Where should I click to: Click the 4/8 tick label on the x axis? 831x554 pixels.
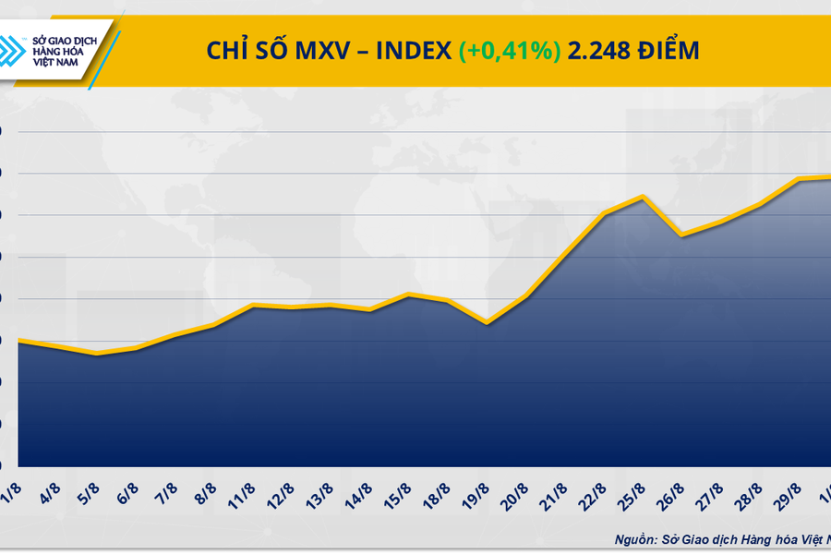tap(54, 490)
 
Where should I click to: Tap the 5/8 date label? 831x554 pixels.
tap(92, 490)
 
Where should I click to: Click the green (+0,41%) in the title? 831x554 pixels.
tap(509, 51)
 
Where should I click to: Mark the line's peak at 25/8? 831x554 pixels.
tap(642, 196)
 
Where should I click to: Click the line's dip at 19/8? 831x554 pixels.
tap(487, 323)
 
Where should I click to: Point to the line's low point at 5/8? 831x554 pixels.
tap(96, 354)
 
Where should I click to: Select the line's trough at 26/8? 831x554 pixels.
tap(680, 235)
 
